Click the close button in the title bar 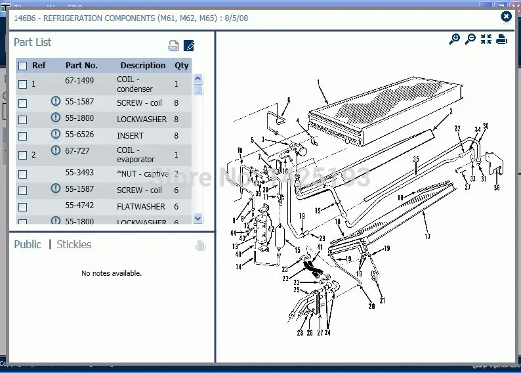506,17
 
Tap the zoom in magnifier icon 454,39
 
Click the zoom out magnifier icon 470,39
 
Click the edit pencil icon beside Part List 189,45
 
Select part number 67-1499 79,80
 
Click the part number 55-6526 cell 79,135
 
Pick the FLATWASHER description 141,206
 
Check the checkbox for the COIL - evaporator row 23,155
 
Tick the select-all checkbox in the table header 23,66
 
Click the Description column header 142,66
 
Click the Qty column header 181,66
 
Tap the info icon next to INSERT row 56,135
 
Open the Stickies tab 73,244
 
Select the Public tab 28,244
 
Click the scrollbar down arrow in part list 198,218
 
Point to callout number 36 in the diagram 497,188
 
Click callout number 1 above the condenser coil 318,83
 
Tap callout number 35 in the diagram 415,159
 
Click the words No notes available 112,273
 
